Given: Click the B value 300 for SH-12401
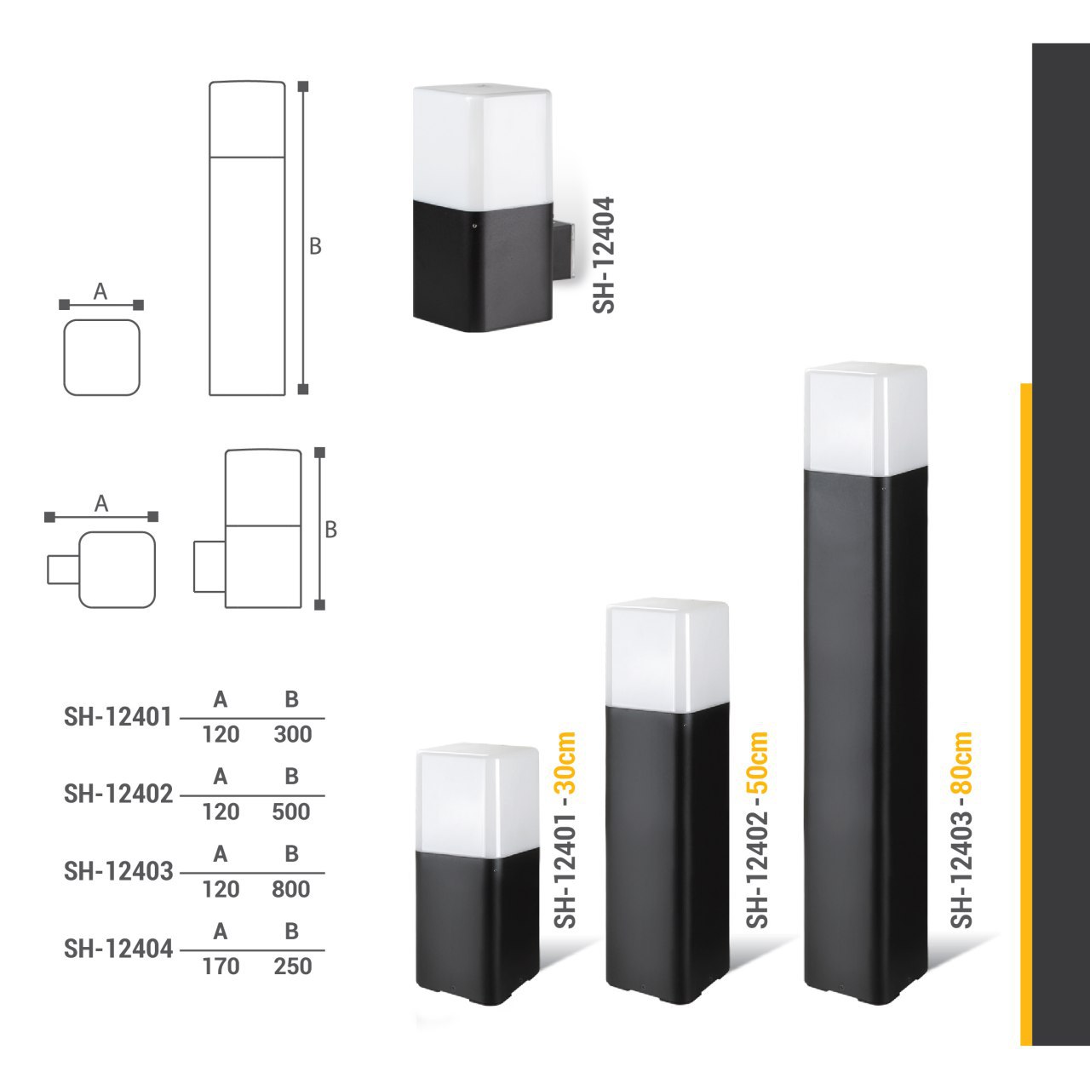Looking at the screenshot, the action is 293,734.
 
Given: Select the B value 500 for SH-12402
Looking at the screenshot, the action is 291,812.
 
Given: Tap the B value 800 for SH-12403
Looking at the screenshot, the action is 291,889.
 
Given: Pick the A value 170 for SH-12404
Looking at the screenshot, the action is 221,967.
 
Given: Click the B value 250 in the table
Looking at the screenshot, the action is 293,967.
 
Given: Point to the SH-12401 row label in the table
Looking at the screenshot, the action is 118,717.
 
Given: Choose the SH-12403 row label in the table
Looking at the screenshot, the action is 118,872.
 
